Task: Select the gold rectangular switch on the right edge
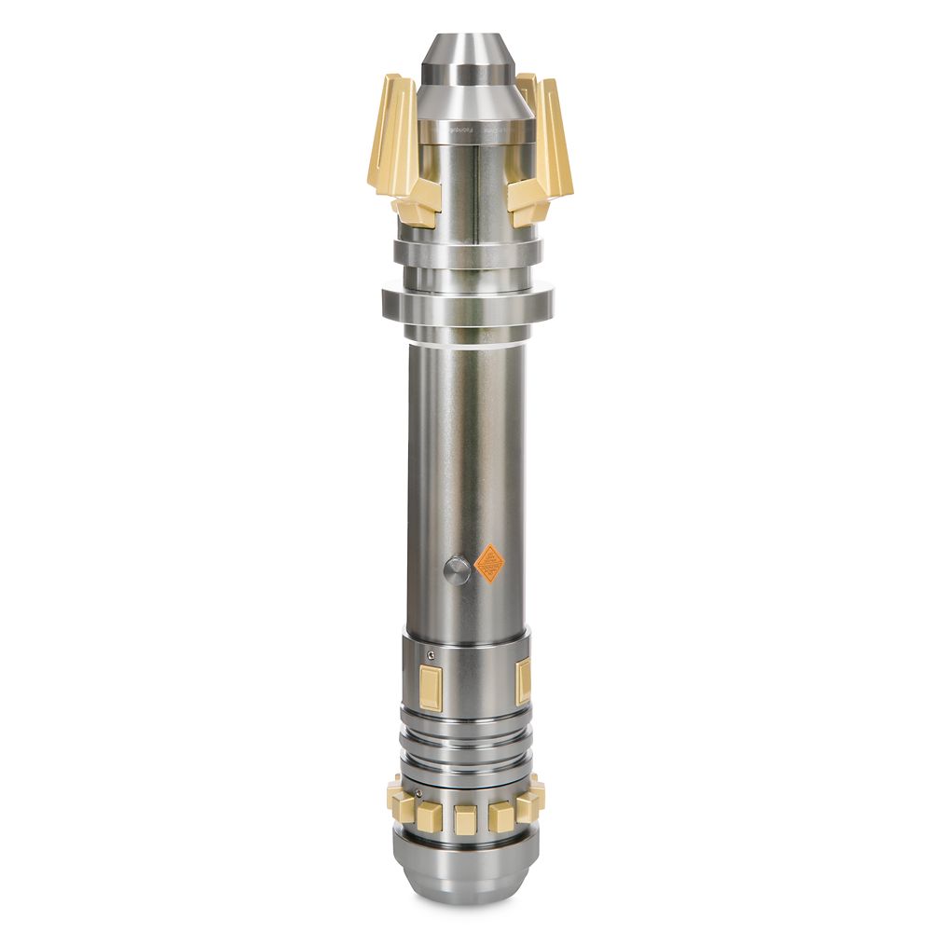524,679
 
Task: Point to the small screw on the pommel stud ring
418,794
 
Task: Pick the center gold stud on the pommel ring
464,819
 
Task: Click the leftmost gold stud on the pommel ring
396,798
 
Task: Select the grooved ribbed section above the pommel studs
465,741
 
